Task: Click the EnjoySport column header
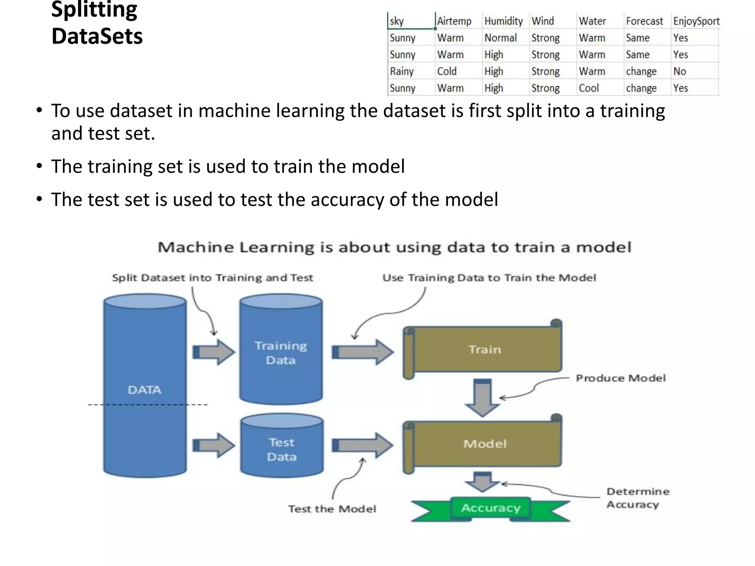(696, 21)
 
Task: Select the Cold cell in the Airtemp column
(447, 71)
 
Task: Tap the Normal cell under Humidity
(500, 38)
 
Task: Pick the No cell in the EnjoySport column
(679, 71)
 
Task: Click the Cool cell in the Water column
(589, 88)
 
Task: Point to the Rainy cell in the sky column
(402, 71)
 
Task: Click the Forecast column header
(644, 21)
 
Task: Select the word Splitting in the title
(94, 10)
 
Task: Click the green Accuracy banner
(490, 508)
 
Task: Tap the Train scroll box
(484, 349)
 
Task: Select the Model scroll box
(484, 444)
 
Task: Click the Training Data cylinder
(281, 353)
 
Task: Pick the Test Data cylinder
(282, 450)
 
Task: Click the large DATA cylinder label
(145, 390)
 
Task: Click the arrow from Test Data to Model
(363, 446)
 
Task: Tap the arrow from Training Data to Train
(363, 352)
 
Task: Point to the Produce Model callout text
(621, 378)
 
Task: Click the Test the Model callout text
(332, 509)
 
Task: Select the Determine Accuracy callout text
(638, 498)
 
